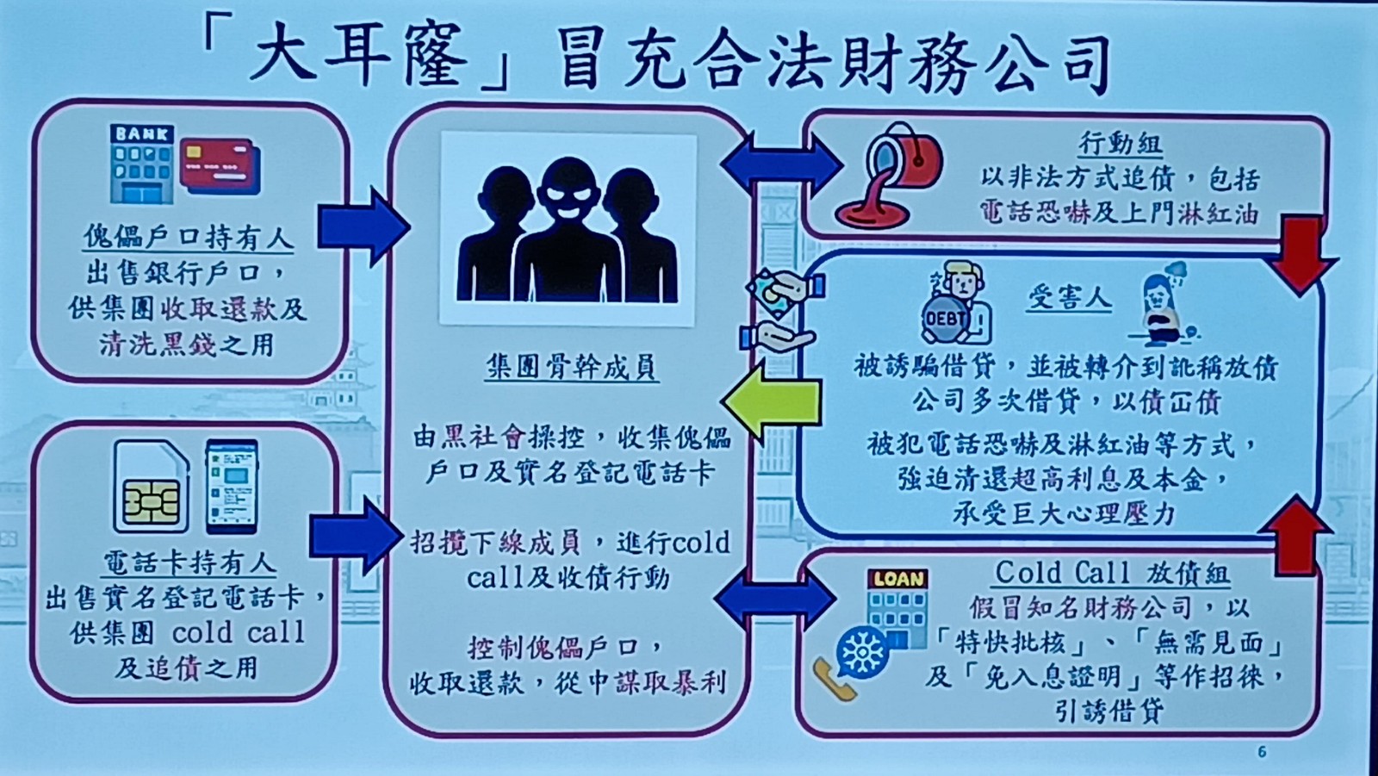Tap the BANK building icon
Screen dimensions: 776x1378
click(x=141, y=163)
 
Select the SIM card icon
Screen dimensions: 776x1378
click(x=151, y=487)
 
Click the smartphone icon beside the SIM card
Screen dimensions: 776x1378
click(x=232, y=487)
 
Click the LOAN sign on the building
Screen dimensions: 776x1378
click(x=897, y=579)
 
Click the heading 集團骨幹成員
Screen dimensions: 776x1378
click(x=572, y=367)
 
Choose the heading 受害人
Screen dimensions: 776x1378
click(x=1070, y=298)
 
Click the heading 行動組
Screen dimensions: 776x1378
click(x=1120, y=143)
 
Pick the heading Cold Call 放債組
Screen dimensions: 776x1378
click(x=1111, y=572)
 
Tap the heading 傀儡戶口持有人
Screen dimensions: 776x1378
click(x=188, y=236)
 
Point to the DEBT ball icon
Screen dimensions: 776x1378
click(x=945, y=318)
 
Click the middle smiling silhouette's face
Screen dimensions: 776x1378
click(x=568, y=195)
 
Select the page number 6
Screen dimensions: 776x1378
click(x=1262, y=752)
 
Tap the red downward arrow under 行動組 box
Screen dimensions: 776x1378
click(x=1302, y=255)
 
